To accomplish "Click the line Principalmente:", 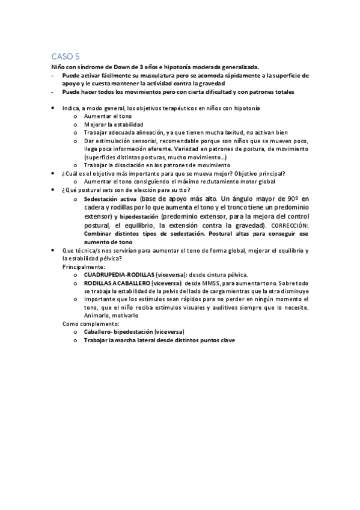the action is [84, 266].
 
